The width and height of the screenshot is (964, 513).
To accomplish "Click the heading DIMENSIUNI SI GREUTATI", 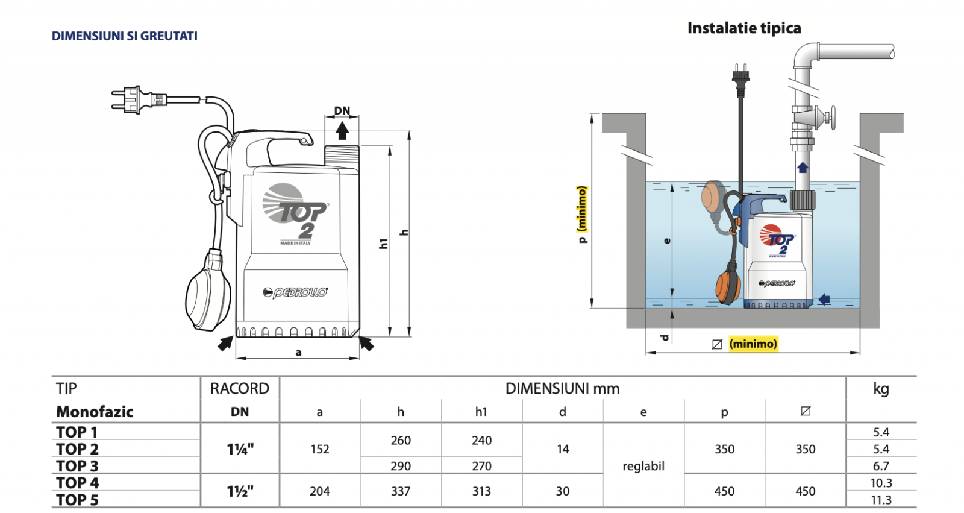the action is [124, 36].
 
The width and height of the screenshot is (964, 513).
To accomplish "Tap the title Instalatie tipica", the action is [744, 28].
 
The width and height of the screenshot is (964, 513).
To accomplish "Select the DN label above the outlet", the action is [342, 111].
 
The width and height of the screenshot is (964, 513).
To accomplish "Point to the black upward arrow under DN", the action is [342, 131].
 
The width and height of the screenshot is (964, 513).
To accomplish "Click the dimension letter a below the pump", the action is [298, 353].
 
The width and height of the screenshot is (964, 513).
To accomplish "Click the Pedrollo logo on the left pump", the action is [296, 292].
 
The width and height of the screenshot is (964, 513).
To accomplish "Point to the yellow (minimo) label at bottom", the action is [753, 344].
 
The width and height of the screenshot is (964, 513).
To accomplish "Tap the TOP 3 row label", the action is [78, 466].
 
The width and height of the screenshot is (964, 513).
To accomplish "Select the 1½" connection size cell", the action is [240, 491].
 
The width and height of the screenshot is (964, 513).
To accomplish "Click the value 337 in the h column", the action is [401, 491].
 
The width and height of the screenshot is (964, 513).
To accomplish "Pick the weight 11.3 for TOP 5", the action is [881, 500].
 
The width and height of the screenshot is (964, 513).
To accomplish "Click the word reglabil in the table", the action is [643, 466].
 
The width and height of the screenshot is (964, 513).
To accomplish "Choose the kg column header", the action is [881, 389].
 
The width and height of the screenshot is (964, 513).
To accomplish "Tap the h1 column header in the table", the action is [481, 412].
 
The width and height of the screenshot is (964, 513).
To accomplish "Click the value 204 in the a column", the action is [320, 491].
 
